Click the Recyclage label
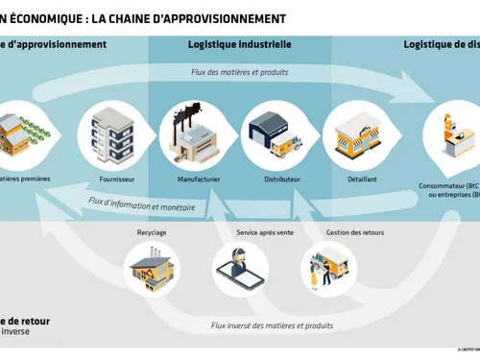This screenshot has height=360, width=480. pyautogui.click(x=154, y=231)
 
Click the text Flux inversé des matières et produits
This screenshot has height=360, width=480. pyautogui.click(x=272, y=325)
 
